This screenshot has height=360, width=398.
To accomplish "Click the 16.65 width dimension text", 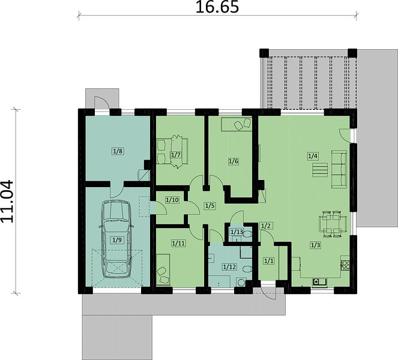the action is (x=217, y=7).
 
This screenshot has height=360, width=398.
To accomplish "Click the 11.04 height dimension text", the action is (x=7, y=202).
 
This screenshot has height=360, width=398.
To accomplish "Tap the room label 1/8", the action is (x=118, y=151).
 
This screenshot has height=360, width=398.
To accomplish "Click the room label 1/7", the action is (x=176, y=155).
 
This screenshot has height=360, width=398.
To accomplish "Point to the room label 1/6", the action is (x=234, y=161).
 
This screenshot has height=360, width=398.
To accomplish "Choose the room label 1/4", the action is (x=313, y=156).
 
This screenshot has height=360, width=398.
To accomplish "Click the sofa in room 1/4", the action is (x=339, y=169).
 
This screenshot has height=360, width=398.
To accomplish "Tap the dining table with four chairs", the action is (x=333, y=224).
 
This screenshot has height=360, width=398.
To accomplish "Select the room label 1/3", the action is (x=316, y=245).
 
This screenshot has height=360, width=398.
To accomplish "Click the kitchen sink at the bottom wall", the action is (x=319, y=282).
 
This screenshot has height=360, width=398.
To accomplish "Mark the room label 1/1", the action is (x=269, y=260).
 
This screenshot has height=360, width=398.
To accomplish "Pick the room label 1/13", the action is (x=237, y=232).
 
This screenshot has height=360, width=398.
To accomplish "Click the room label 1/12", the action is (x=229, y=266).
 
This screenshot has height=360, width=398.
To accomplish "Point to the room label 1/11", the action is (x=179, y=244).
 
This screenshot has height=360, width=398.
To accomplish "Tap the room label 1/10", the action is (x=172, y=200).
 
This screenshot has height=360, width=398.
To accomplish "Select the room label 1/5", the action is (x=210, y=206).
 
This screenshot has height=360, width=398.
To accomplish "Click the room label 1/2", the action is (x=266, y=226).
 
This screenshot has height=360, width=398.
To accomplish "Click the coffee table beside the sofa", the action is (x=320, y=170).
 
